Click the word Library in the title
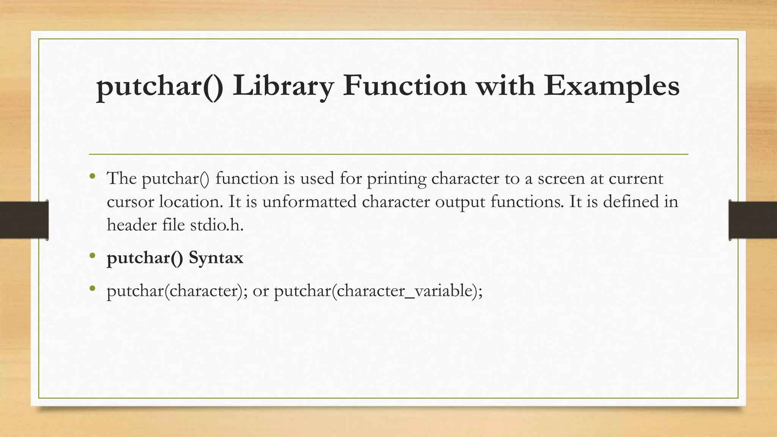click(x=283, y=86)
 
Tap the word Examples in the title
click(x=612, y=86)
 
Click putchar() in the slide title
click(x=160, y=86)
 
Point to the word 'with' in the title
click(x=505, y=86)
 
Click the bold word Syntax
click(x=216, y=258)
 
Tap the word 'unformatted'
click(x=309, y=201)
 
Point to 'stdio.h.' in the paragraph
click(x=217, y=225)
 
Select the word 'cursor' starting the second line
click(x=130, y=201)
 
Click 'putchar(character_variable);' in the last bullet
click(x=378, y=291)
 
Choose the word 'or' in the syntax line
click(x=261, y=291)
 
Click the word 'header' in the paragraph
click(x=132, y=225)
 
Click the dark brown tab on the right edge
click(x=753, y=220)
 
